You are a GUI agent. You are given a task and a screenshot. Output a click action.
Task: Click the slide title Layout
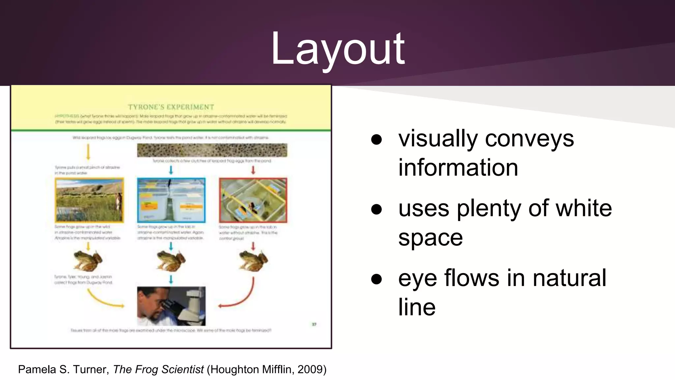[x=337, y=49]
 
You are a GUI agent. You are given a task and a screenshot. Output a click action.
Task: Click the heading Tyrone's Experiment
[x=171, y=107]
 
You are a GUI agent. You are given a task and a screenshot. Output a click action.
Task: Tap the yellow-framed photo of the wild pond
[x=89, y=200]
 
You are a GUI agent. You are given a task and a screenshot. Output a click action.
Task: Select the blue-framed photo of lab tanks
[x=171, y=200]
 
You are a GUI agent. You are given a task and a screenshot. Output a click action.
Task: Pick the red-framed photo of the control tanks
[x=253, y=200]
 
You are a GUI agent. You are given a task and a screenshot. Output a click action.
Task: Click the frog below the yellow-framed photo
[x=88, y=260]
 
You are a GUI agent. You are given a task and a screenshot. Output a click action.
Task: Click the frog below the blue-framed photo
[x=171, y=260]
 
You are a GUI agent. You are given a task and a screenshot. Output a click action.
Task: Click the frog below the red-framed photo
[x=253, y=260]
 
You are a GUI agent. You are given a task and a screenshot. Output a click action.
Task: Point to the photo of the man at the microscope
[x=171, y=306]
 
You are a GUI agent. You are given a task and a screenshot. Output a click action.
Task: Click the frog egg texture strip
[x=212, y=150]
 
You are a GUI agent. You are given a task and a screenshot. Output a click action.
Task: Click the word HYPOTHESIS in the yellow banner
[x=67, y=116]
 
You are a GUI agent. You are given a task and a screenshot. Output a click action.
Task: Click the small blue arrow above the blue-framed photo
[x=171, y=170]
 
